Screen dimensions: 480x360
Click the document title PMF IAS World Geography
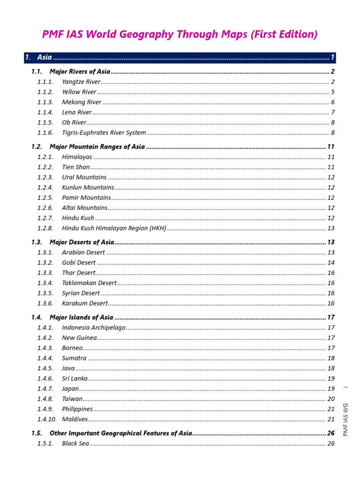tap(180, 34)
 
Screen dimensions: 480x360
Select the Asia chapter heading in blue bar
tap(45, 58)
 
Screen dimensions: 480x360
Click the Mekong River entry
tap(82, 102)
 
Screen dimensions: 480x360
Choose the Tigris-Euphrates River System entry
tap(104, 133)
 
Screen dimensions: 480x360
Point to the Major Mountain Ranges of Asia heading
tap(97, 147)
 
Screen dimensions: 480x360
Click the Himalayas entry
tap(77, 157)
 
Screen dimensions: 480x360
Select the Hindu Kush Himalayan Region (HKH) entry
tap(114, 228)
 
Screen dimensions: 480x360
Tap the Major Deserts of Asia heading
tap(82, 242)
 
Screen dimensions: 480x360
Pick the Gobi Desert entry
tap(79, 263)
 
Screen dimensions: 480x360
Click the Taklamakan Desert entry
tap(89, 283)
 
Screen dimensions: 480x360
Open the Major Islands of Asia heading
tap(81, 317)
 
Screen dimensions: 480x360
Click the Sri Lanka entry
tap(75, 378)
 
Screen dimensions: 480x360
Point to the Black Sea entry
tap(75, 443)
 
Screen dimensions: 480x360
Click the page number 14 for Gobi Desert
tap(331, 263)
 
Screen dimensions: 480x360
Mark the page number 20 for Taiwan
tap(331, 399)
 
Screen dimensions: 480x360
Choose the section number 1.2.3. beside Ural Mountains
tap(45, 178)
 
